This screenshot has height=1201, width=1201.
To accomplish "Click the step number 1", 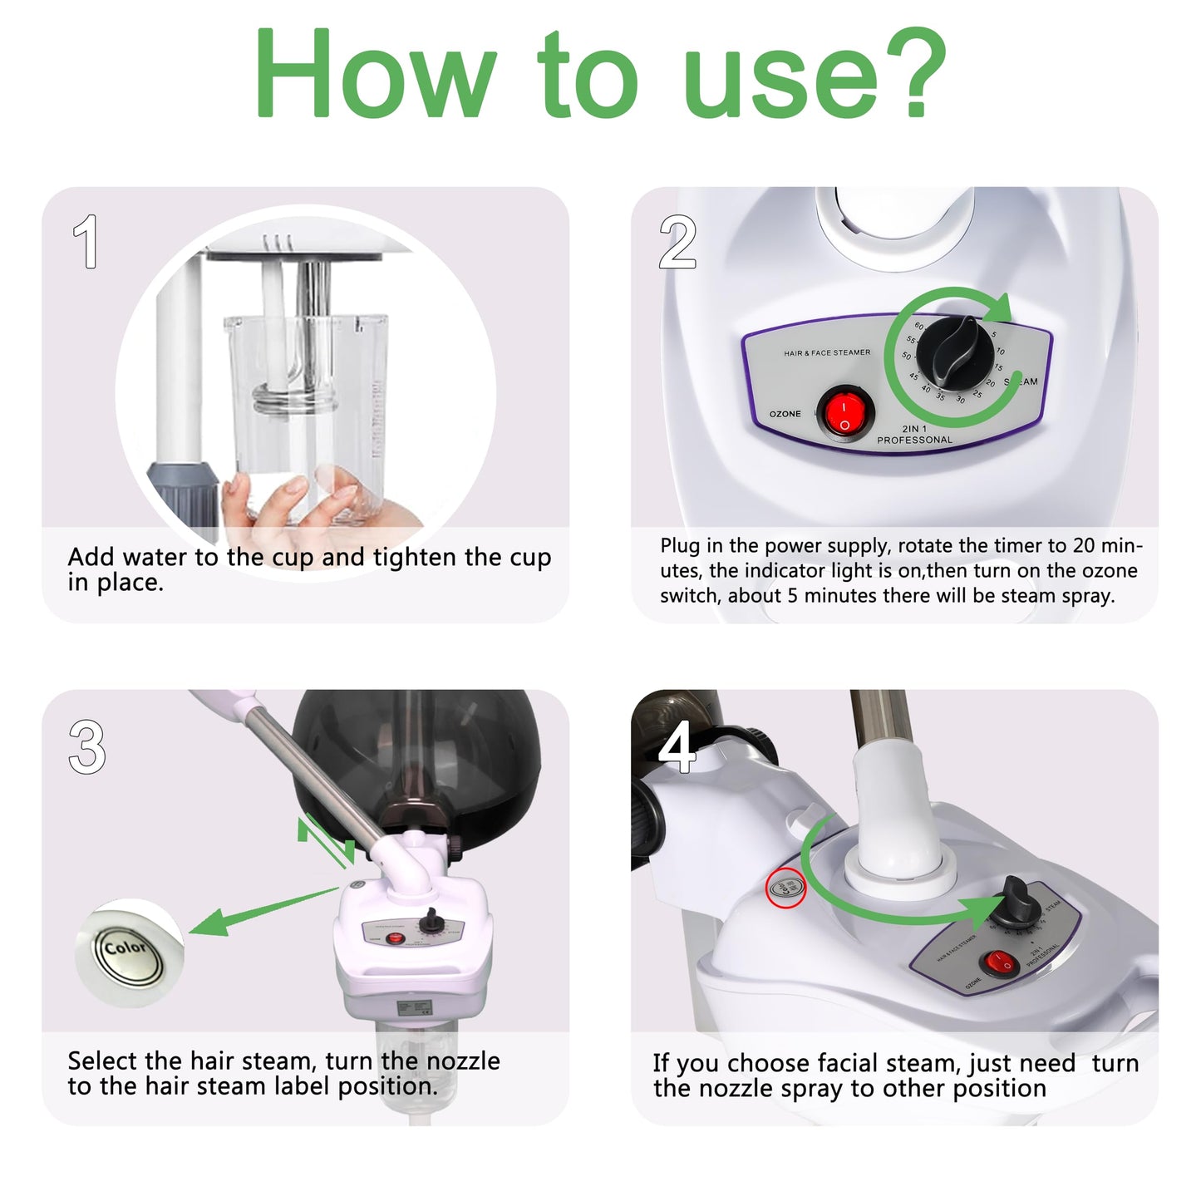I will (x=86, y=242).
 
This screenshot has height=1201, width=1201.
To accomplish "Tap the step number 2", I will (x=677, y=242).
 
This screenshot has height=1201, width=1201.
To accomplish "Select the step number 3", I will (x=87, y=747).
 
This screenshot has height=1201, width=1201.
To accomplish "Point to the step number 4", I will (x=677, y=746).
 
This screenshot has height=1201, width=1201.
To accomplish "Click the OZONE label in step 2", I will (x=785, y=414).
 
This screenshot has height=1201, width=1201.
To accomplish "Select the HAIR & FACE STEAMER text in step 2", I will (x=827, y=352).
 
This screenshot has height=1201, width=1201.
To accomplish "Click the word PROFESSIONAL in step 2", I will (x=914, y=440).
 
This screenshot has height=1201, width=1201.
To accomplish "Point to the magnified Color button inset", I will (x=129, y=952).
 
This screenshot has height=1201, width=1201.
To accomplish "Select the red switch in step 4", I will (x=998, y=963).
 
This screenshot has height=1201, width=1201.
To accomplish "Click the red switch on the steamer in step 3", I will (x=396, y=938).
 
